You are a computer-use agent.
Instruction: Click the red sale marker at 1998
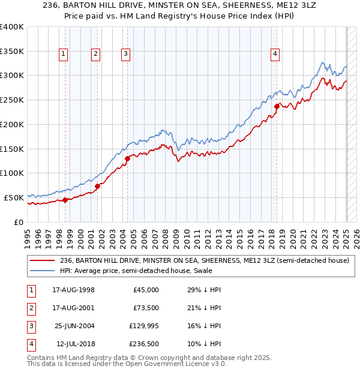pos(65,200)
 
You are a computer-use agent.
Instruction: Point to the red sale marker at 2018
pos(277,107)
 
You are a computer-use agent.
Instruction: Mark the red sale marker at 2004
pos(128,159)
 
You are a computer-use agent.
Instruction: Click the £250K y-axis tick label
pos(11,100)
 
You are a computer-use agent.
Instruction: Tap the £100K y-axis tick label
pos(11,173)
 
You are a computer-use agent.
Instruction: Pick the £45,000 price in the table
pos(146,290)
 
